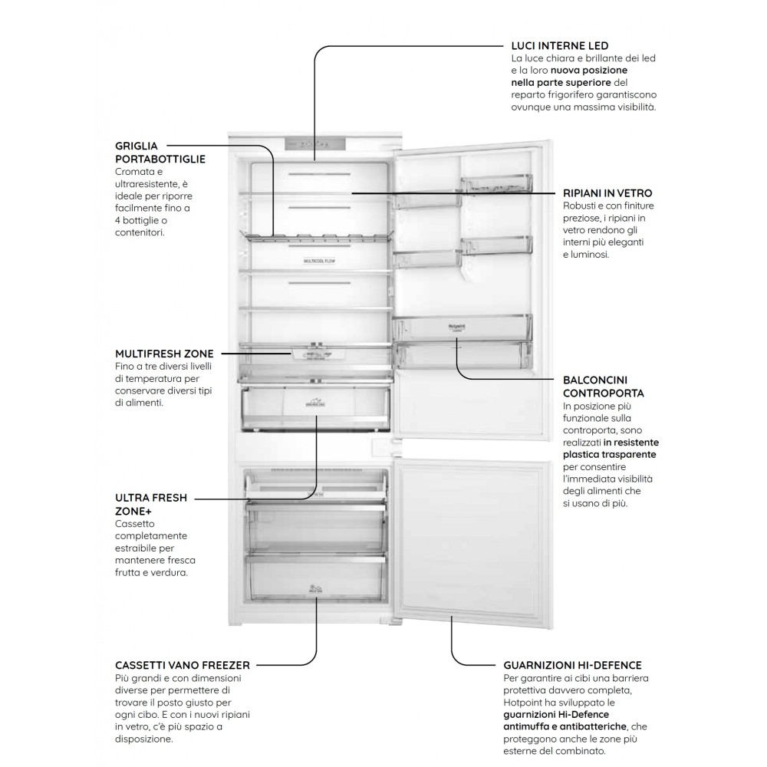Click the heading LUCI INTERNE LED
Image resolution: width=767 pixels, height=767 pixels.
559,46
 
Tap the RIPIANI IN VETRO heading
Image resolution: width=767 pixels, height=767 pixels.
607,194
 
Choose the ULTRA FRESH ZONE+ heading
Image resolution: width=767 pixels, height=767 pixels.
151,504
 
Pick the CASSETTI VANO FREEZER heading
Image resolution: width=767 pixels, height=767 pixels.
182,665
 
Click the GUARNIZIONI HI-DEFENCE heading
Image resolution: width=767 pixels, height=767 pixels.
572,665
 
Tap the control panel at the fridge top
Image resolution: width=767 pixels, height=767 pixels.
314,145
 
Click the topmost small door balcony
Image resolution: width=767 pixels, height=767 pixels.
495,184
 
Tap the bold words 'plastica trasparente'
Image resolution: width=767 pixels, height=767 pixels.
609,454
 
